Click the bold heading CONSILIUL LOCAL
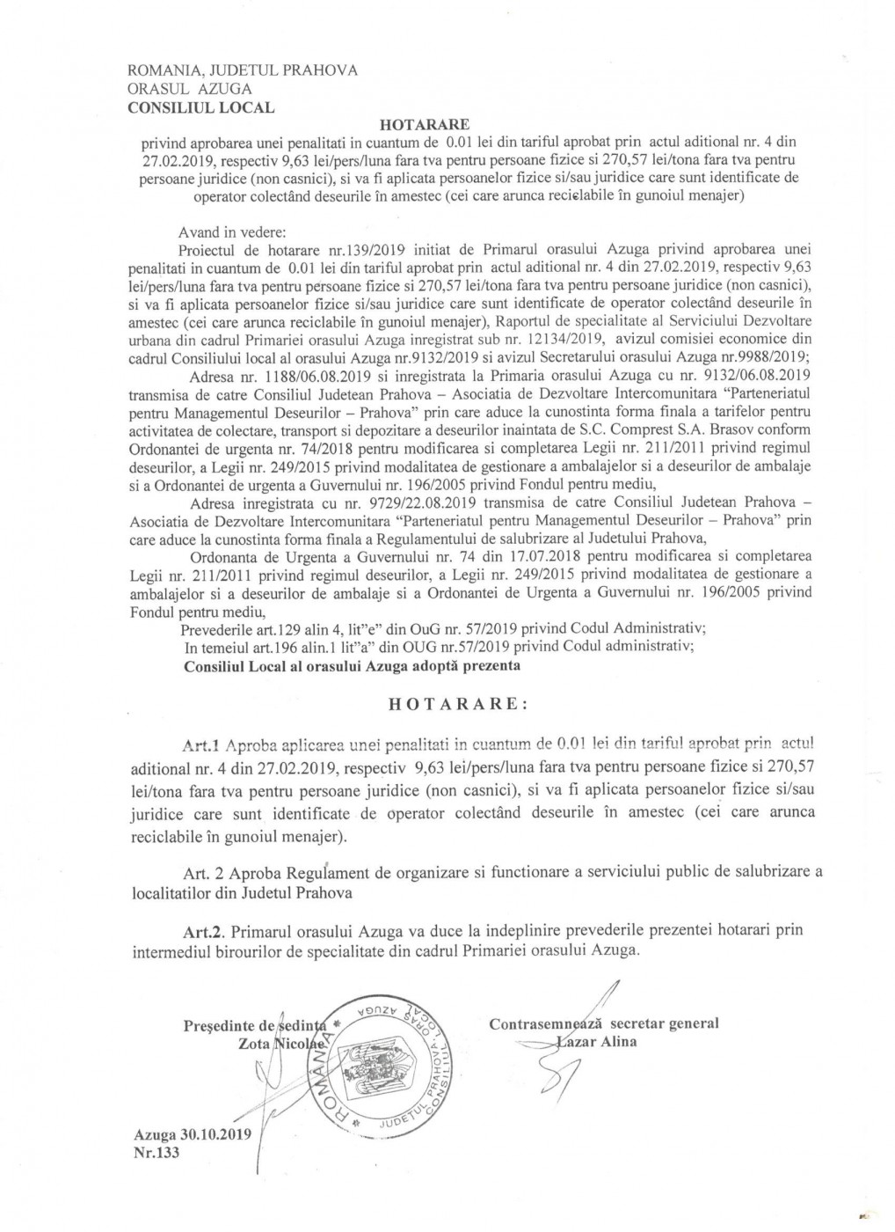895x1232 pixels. coord(200,108)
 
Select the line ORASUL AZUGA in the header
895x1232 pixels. coord(190,90)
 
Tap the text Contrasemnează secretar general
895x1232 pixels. coord(604,1023)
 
